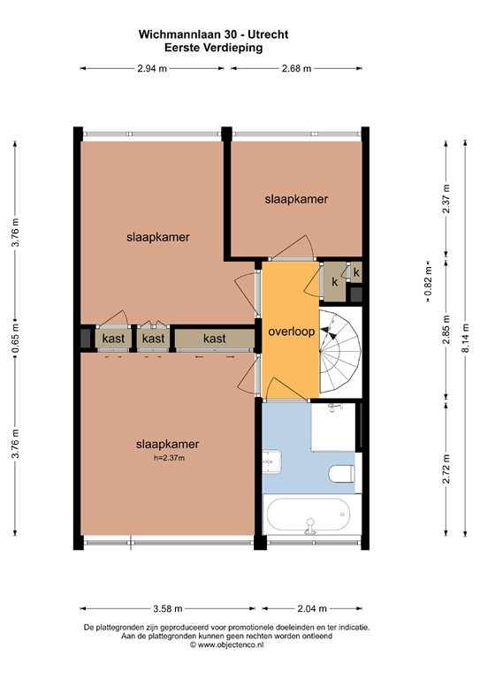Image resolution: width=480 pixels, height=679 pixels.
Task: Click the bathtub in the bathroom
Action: [x=309, y=516]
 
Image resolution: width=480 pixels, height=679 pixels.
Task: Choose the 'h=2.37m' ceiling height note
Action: [x=167, y=458]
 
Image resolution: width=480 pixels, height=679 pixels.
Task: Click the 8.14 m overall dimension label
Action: [x=466, y=337]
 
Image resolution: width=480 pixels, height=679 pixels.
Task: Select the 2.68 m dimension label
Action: [x=296, y=69]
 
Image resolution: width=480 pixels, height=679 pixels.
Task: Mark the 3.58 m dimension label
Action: [x=168, y=608]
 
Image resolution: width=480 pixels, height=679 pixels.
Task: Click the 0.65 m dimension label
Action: [x=16, y=337]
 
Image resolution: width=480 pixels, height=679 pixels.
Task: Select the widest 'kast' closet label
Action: [x=214, y=338]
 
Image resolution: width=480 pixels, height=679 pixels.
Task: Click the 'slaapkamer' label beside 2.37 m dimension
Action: [x=296, y=200]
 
